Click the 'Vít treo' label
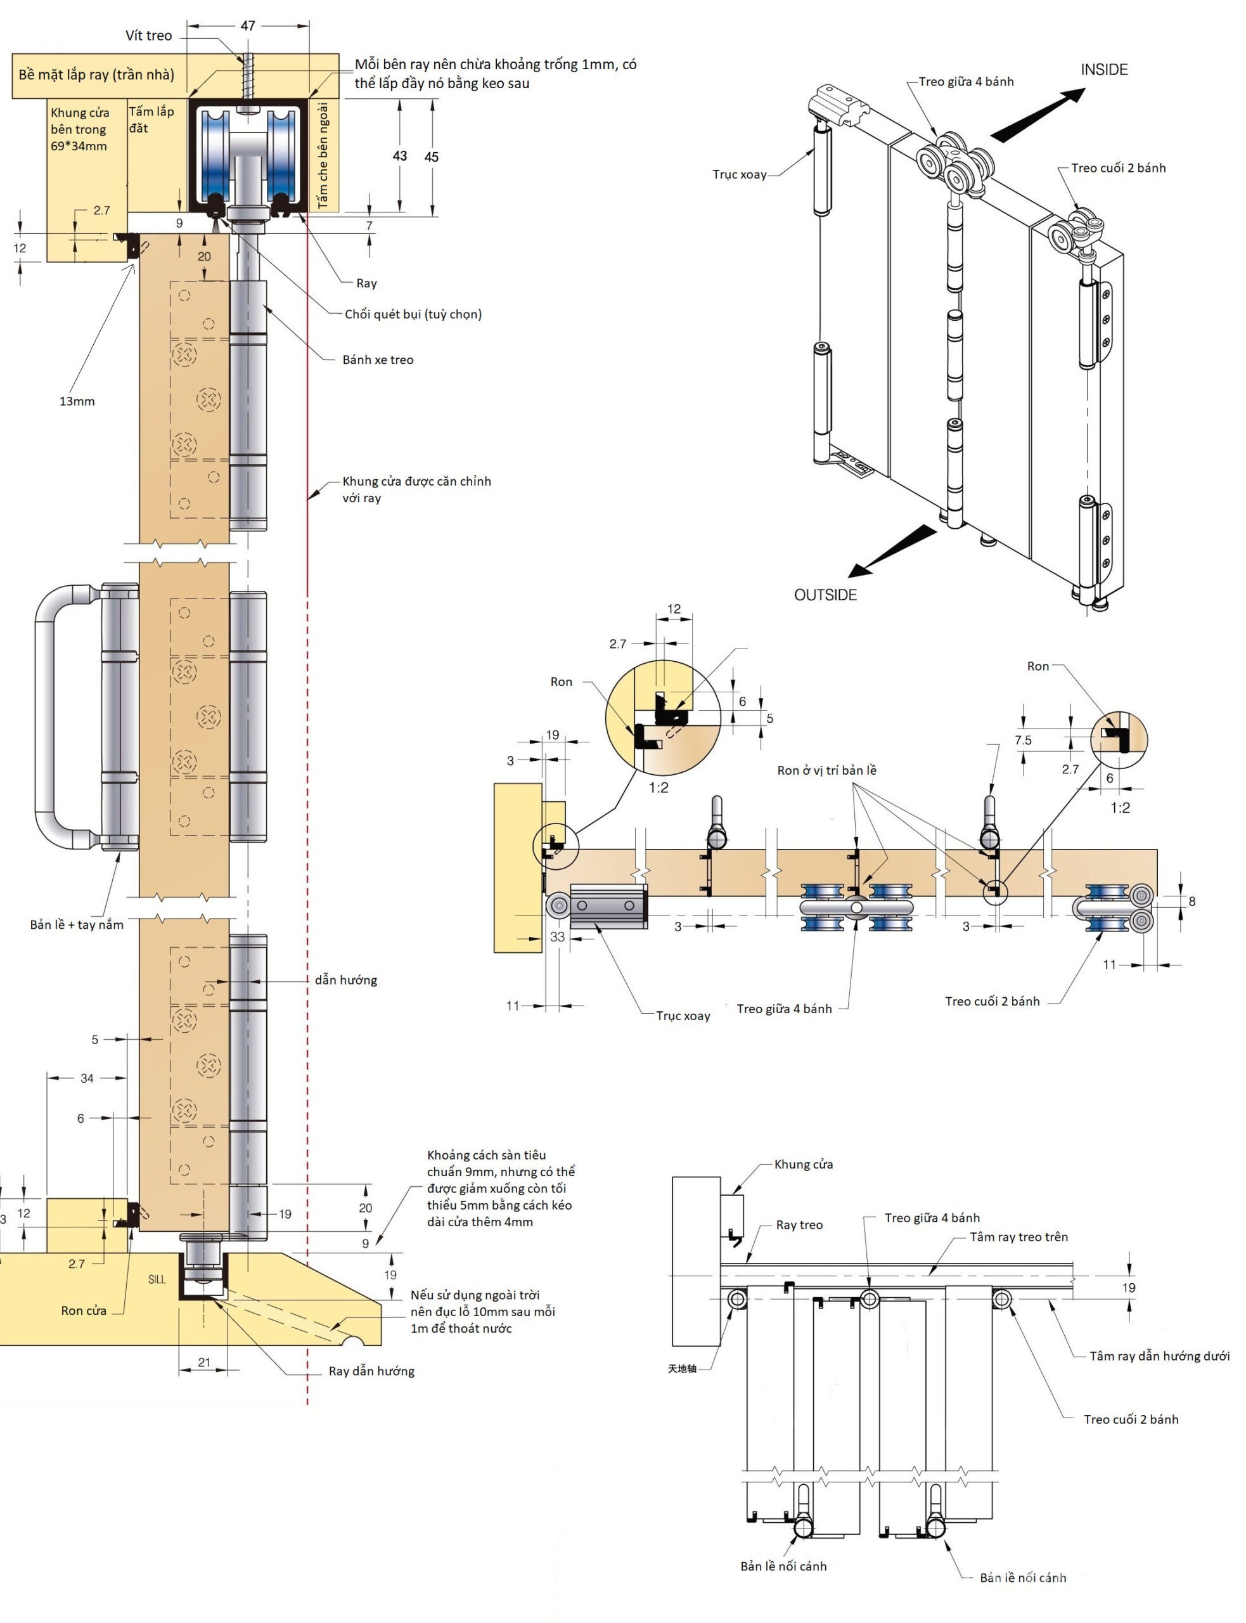coord(148,36)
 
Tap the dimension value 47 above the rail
coord(248,25)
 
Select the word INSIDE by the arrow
coord(1103,70)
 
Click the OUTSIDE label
coord(825,595)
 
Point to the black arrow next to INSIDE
coord(1037,115)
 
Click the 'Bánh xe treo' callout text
coord(378,359)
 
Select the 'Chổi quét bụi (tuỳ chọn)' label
coord(413,314)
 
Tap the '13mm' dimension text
coord(77,401)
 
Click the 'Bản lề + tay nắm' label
coord(77,924)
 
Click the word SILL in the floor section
coord(157,1279)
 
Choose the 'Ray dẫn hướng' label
coord(371,1371)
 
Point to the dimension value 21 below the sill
coord(204,1362)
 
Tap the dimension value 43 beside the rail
coord(400,156)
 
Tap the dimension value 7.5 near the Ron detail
coord(1023,740)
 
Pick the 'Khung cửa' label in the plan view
coord(803,1164)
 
